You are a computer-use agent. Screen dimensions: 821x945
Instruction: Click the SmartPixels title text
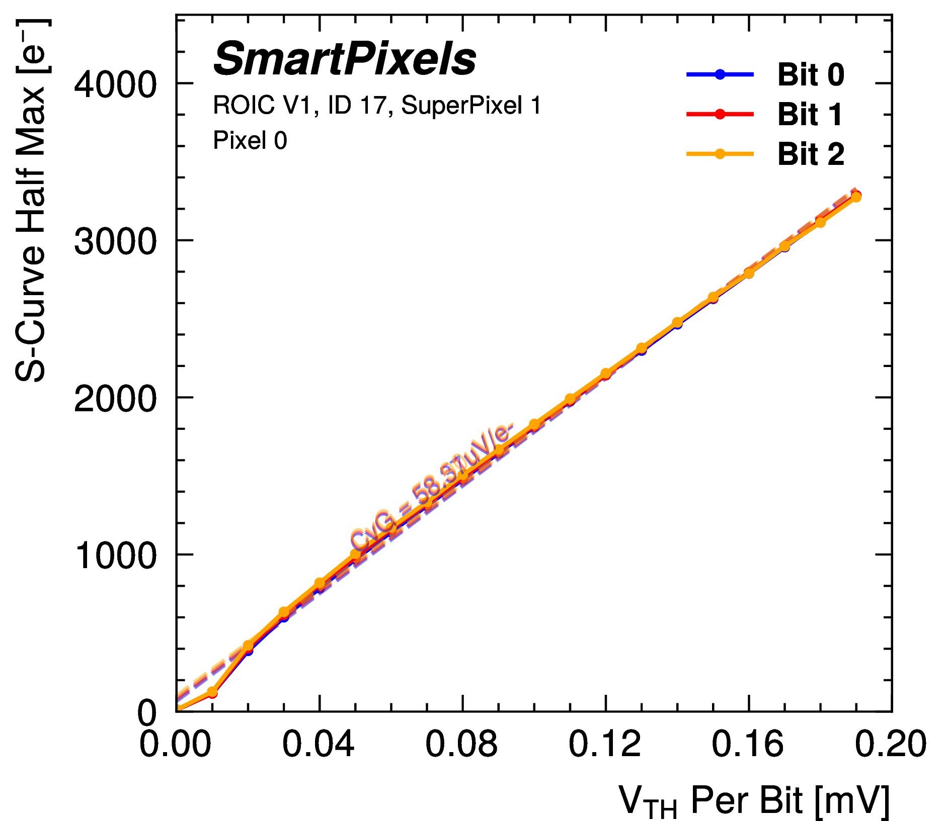pos(345,59)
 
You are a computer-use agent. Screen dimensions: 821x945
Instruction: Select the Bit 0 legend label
pos(811,75)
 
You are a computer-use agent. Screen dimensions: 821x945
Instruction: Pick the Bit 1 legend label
pos(810,115)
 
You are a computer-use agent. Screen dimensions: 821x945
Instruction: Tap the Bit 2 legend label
pos(811,154)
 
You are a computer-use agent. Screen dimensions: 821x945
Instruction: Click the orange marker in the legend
pos(720,154)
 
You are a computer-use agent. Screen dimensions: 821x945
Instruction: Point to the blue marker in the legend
pos(720,74)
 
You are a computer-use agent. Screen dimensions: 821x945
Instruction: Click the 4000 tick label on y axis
pos(115,84)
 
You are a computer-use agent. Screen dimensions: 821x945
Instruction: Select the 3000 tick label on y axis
pos(115,241)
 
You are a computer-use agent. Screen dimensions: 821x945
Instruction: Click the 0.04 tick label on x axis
pos(318,744)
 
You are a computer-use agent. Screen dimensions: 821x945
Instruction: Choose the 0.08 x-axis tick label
pos(461,744)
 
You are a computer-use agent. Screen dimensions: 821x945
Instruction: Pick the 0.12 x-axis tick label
pos(604,744)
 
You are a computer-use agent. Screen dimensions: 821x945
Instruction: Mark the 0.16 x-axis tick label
pos(748,744)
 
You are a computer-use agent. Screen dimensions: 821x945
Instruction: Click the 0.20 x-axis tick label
pos(891,744)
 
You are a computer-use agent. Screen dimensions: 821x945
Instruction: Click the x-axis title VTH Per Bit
pos(754,799)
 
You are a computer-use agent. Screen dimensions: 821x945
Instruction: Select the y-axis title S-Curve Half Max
pos(31,201)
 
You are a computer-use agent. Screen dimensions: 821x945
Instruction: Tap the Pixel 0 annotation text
pos(250,140)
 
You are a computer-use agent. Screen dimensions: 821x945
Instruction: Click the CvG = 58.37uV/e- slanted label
pos(432,487)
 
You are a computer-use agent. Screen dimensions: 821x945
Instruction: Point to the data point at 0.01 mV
pos(212,693)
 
